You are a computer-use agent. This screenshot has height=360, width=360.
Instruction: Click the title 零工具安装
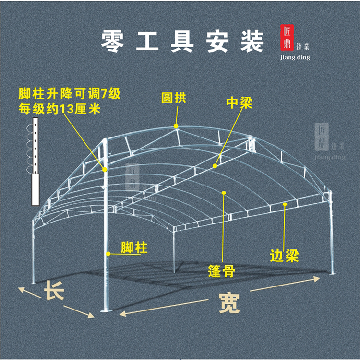click(x=182, y=42)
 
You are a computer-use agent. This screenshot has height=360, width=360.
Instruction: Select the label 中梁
click(x=239, y=102)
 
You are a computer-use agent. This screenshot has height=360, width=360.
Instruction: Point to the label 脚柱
click(x=134, y=248)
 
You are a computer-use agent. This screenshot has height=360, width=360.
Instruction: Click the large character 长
click(x=54, y=291)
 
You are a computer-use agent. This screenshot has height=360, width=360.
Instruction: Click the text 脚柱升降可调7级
click(x=70, y=93)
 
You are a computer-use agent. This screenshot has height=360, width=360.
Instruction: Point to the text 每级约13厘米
click(x=59, y=109)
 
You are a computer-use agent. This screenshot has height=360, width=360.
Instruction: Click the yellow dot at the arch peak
click(x=176, y=126)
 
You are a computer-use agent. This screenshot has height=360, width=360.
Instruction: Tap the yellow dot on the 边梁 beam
click(x=285, y=205)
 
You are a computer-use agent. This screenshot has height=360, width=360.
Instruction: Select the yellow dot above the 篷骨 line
click(x=224, y=193)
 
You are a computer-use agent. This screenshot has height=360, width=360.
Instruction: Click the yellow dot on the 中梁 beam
click(x=215, y=166)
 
